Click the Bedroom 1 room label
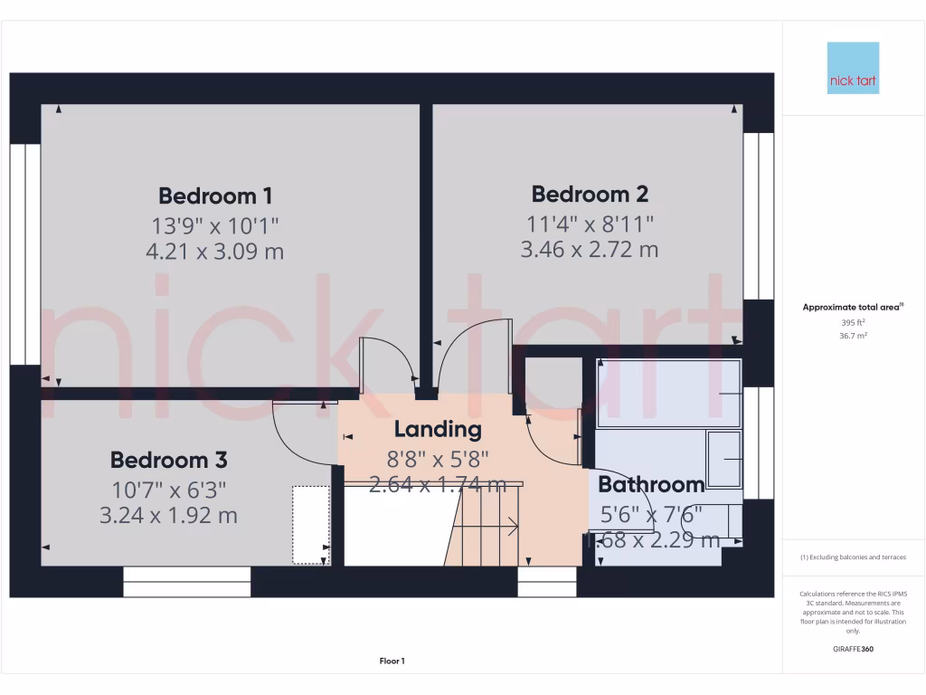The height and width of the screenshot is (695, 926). [215, 195]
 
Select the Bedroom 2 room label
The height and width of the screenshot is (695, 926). [590, 194]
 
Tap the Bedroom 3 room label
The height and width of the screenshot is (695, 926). [168, 460]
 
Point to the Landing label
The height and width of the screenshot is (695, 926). [438, 429]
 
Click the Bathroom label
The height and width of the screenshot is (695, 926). [651, 484]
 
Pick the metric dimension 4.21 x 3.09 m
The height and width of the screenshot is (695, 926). [215, 251]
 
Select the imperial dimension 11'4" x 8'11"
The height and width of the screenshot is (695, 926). [590, 223]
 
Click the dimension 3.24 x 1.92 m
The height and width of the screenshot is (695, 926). [168, 515]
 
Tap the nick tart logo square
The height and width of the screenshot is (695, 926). [853, 68]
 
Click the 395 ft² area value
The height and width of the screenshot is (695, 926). [853, 322]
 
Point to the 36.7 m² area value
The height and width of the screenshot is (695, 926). [853, 335]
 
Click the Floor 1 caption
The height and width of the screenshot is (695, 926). [392, 662]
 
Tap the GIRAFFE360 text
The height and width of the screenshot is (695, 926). [853, 649]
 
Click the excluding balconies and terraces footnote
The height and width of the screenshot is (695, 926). [853, 557]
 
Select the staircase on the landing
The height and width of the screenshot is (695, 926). [484, 525]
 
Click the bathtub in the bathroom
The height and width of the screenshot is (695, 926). [668, 394]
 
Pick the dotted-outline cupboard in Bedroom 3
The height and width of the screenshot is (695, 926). [310, 525]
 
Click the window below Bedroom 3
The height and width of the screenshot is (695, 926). [186, 582]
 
